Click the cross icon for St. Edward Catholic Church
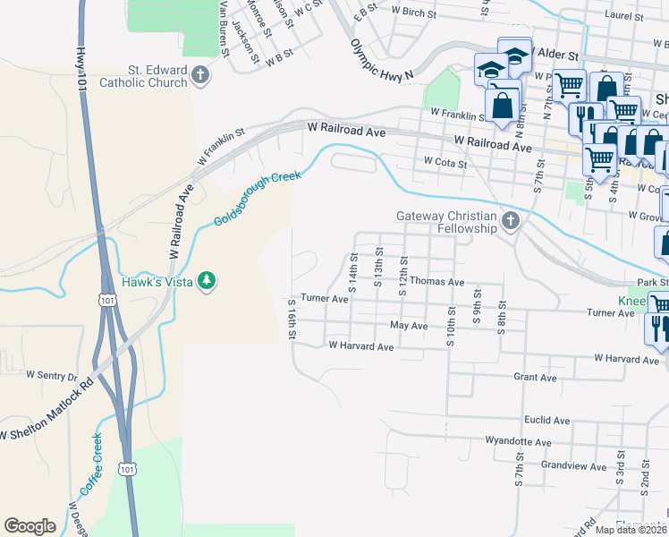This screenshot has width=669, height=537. click(x=200, y=76)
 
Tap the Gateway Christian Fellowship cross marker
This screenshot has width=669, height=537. click(x=510, y=221)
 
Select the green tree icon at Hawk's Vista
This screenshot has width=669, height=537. click(x=207, y=281)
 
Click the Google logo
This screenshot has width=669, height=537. click(x=30, y=526)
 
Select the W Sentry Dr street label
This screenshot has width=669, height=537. click(x=52, y=375)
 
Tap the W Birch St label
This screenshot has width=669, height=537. click(x=413, y=14)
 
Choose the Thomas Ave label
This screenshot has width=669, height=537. click(x=436, y=281)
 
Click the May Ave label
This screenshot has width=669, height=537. click(x=410, y=326)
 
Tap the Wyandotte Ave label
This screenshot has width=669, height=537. click(x=518, y=441)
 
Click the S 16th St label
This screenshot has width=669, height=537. click(x=292, y=319)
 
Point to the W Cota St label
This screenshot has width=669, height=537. click(x=445, y=164)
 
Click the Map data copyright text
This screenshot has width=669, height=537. click(x=631, y=530)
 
